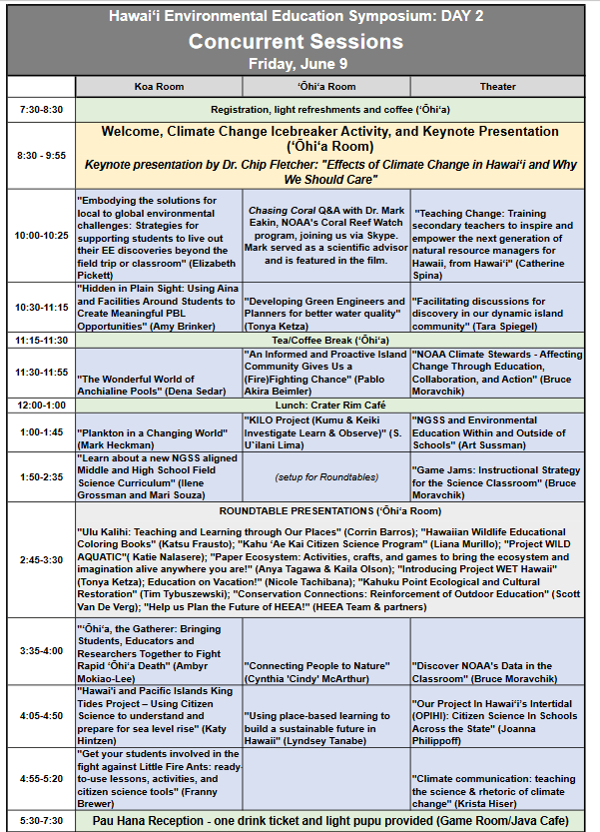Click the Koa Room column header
(x=159, y=87)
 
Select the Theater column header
(x=497, y=87)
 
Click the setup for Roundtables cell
(x=326, y=476)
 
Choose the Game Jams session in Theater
(x=496, y=475)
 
